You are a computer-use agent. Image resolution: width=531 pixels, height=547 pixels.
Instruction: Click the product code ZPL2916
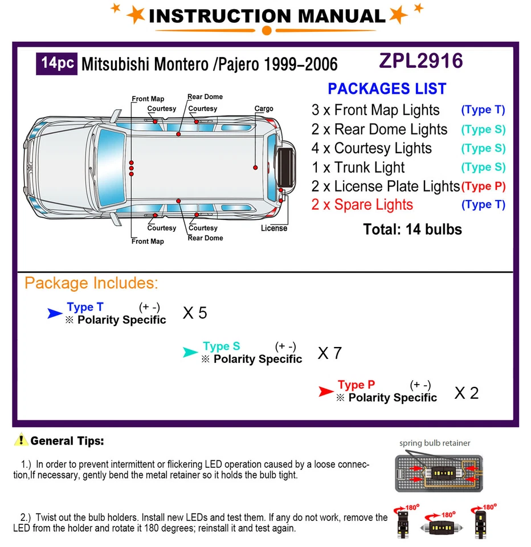421,61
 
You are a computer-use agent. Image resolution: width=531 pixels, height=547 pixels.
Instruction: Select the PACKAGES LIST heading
387,89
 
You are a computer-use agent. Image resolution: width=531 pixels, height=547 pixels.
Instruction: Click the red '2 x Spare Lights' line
362,205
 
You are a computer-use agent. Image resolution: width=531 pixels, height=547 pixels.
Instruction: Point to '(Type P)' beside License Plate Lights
483,186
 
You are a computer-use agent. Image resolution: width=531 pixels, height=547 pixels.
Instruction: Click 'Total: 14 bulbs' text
412,230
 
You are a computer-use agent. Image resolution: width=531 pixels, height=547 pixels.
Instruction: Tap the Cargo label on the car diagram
264,109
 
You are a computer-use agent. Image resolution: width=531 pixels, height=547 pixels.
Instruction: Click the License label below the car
274,228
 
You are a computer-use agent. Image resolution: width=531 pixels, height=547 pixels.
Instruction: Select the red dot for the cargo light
256,168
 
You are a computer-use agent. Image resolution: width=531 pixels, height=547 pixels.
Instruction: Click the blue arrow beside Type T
55,313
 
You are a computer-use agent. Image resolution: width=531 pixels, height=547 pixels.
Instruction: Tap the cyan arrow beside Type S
190,353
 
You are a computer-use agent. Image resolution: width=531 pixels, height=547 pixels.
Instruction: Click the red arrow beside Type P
326,391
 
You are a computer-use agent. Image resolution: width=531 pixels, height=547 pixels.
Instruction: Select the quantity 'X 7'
329,353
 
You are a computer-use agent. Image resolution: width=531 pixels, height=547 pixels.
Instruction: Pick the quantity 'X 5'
195,313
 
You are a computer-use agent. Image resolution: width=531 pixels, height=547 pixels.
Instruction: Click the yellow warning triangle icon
21,440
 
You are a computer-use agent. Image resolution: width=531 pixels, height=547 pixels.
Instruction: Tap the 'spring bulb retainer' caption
435,443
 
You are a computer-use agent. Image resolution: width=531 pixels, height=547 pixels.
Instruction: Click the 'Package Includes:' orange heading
91,283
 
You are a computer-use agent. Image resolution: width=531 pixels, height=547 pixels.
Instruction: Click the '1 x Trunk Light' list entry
358,168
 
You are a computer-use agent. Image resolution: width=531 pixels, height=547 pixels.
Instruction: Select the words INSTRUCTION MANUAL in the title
267,16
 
